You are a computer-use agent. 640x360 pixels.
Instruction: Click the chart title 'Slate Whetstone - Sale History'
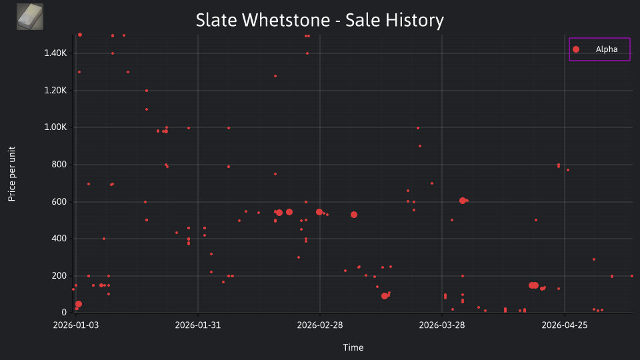(x=319, y=20)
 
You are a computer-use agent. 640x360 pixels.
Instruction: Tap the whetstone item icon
(x=30, y=17)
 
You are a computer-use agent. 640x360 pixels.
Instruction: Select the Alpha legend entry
(x=599, y=49)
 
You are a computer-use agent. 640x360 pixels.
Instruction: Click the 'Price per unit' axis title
(x=12, y=174)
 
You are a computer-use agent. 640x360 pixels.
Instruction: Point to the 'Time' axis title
(x=353, y=347)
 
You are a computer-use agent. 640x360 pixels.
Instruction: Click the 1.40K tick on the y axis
(x=55, y=53)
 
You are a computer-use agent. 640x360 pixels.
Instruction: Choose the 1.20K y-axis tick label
(x=55, y=90)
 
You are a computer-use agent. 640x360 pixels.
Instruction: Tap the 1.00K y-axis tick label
(x=55, y=127)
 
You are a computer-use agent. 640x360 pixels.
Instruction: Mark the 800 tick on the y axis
(x=59, y=164)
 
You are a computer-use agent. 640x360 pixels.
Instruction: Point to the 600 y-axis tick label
(x=59, y=201)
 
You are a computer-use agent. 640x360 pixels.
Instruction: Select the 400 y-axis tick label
(x=59, y=239)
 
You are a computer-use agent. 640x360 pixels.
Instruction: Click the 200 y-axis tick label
(x=59, y=275)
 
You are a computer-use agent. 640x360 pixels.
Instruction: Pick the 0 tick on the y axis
(x=64, y=312)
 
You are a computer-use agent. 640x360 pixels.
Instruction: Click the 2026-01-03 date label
(x=76, y=325)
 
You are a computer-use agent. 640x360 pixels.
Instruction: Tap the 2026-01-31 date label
(x=198, y=325)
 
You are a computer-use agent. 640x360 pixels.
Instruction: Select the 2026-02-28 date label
(x=320, y=325)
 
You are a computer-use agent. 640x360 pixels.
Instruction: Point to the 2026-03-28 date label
(x=442, y=325)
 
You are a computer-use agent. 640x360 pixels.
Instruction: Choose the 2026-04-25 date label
(x=565, y=325)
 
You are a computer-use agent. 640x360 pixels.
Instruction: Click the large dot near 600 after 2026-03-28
(x=463, y=201)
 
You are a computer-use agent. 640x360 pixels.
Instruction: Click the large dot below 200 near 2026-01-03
(x=79, y=304)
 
